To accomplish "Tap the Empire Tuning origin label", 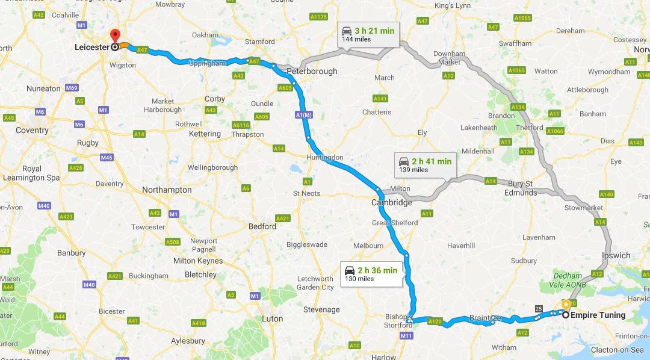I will click(x=598, y=315).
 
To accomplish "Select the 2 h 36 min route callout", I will click(x=370, y=274).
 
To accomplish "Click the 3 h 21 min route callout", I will click(x=367, y=34).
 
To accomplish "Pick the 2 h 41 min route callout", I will click(x=424, y=164).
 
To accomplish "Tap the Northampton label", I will click(x=167, y=190).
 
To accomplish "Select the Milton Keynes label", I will click(x=197, y=261).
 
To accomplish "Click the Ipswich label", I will click(x=616, y=256).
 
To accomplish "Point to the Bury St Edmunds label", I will click(x=521, y=188).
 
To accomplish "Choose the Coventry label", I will click(x=32, y=130).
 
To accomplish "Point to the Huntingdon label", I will click(x=326, y=157).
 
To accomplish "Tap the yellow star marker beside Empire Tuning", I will click(x=566, y=305).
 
